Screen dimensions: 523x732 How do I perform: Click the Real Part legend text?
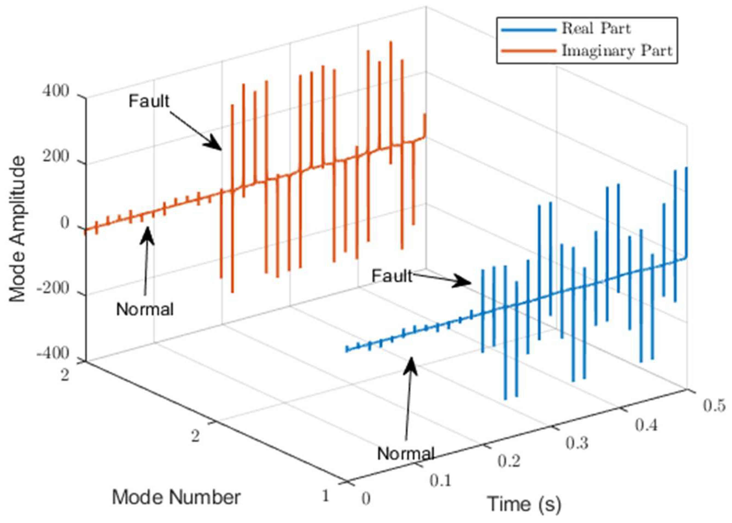[x=596, y=29]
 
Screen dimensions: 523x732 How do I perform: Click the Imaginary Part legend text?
[x=617, y=51]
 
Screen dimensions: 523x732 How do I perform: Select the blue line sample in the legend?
[x=528, y=30]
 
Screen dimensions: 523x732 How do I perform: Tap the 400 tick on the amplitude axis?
[x=56, y=92]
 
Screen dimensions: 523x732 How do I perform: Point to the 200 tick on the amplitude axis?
[x=56, y=158]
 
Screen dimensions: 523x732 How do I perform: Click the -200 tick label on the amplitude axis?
[x=53, y=289]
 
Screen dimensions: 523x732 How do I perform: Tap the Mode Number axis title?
[x=176, y=497]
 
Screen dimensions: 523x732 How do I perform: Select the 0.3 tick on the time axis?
[x=577, y=443]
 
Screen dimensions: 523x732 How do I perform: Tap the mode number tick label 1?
[x=326, y=496]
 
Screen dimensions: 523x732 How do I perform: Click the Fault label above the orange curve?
[x=149, y=101]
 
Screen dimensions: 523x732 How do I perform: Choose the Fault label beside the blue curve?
[x=392, y=276]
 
